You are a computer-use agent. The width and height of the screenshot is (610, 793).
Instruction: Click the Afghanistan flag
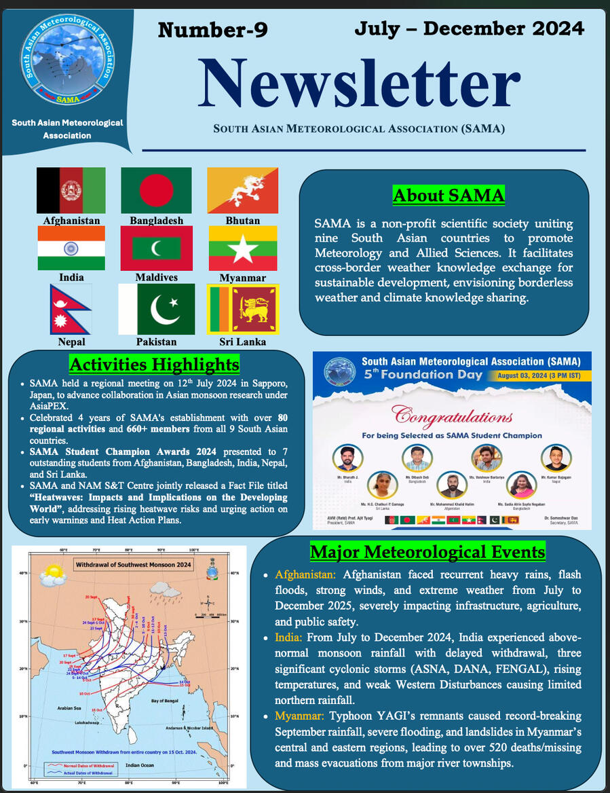71,191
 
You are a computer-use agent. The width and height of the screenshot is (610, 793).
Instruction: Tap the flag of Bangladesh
156,191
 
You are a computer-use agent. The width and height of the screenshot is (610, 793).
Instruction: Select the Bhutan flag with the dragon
242,191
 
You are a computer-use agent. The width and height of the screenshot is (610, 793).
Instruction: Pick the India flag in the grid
71,248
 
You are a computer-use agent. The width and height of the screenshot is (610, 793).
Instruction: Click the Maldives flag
156,248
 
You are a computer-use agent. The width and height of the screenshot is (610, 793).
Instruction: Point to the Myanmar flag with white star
242,248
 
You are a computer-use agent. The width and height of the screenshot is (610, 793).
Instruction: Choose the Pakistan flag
156,309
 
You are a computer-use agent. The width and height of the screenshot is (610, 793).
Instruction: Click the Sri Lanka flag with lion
242,309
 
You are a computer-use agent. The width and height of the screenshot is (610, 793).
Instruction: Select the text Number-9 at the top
212,30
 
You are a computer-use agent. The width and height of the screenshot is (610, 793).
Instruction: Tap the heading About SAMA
449,196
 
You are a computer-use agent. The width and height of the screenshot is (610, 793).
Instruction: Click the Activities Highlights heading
155,364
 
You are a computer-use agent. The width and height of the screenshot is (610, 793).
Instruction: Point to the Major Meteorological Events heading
427,551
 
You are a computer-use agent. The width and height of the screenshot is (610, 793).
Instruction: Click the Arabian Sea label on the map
69,707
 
